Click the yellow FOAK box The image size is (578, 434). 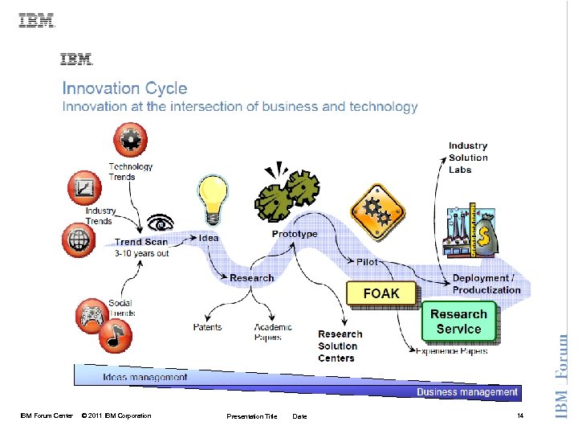pyautogui.click(x=381, y=293)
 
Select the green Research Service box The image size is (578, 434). pyautogui.click(x=459, y=321)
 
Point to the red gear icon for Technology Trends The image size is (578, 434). pyautogui.click(x=129, y=141)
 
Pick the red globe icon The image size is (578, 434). pyautogui.click(x=79, y=239)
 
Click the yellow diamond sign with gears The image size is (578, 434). pyautogui.click(x=377, y=211)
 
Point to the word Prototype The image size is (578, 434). pyautogui.click(x=295, y=234)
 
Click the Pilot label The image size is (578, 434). pyautogui.click(x=366, y=262)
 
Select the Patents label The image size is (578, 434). pyautogui.click(x=208, y=327)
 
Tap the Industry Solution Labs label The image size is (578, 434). pyautogui.click(x=468, y=158)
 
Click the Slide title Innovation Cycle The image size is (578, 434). pyautogui.click(x=124, y=88)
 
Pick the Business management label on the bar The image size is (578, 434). pyautogui.click(x=466, y=392)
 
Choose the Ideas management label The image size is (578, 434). pyautogui.click(x=145, y=376)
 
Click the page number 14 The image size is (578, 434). pyautogui.click(x=520, y=416)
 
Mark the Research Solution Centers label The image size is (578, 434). pyautogui.click(x=340, y=346)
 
